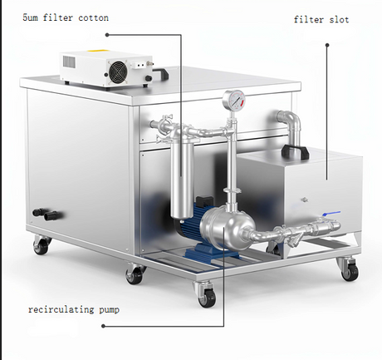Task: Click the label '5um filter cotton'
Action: pos(66,17)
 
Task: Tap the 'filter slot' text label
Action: pos(321,19)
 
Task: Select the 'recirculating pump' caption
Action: pos(74,309)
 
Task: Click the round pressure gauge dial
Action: pos(234,101)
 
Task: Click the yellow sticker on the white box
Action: pos(97,51)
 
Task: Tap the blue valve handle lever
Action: pos(331,214)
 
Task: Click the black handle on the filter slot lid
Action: pos(295,152)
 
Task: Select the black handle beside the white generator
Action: pos(160,73)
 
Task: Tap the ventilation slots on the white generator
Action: pos(69,62)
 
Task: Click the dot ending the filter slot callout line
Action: pos(327,45)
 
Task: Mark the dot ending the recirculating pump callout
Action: pos(103,326)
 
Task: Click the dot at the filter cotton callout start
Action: pos(107,35)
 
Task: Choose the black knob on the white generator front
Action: pos(149,78)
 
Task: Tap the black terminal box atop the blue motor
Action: pos(204,201)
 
